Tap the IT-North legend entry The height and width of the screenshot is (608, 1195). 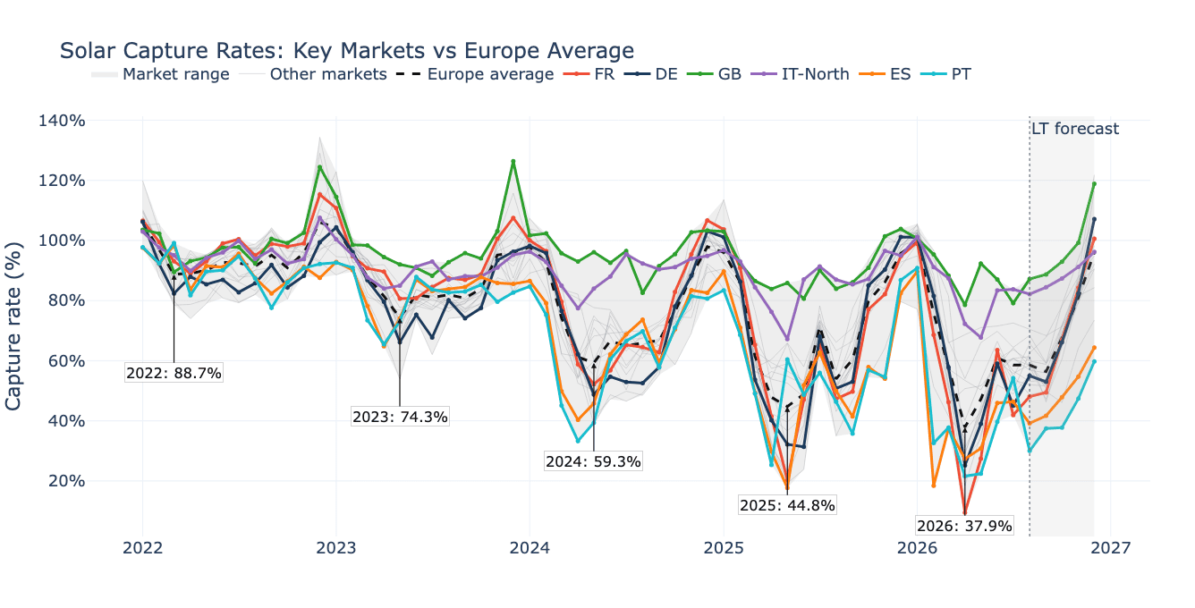pos(800,74)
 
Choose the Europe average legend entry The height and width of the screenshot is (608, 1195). pos(475,74)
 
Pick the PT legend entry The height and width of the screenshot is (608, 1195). pos(945,74)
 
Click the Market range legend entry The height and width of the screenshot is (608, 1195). pos(160,74)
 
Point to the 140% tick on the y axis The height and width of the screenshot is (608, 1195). pos(62,121)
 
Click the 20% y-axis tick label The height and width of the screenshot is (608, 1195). pos(67,481)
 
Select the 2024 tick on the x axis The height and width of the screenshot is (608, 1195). pos(530,548)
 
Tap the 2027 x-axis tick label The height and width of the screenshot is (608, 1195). pos(1110,548)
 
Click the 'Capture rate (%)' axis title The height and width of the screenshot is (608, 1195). pos(13,325)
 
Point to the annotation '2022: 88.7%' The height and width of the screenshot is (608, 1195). pos(174,373)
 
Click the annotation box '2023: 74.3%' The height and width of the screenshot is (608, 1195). pos(400,417)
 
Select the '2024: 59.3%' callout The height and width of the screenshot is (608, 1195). pos(593,461)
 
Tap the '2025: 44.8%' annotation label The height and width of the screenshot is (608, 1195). pos(787,505)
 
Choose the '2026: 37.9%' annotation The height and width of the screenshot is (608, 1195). pos(964,526)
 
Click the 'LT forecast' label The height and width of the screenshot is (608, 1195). pos(1075,129)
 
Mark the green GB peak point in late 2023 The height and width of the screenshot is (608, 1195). pos(513,161)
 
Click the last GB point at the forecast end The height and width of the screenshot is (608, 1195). pos(1094,184)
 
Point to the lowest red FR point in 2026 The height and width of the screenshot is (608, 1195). pos(964,512)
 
